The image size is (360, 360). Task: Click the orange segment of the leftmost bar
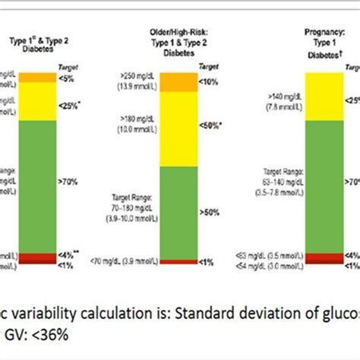click(37, 77)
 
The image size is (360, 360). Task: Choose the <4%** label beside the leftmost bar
click(71, 255)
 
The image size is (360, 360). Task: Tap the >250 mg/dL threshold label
click(136, 81)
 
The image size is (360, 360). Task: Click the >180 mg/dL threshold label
click(136, 122)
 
